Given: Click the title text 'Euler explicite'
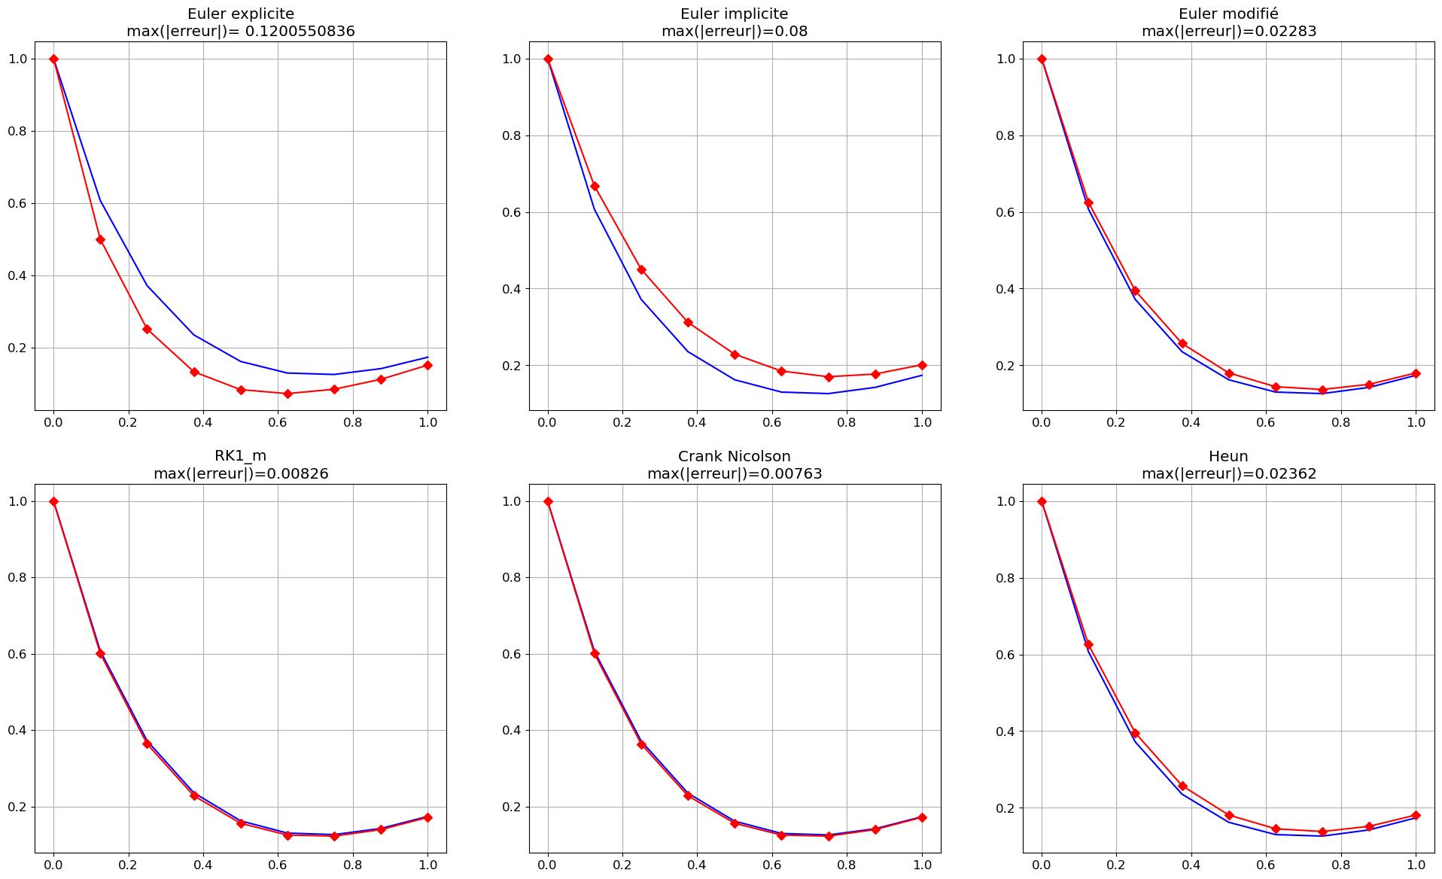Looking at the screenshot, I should pos(241,14).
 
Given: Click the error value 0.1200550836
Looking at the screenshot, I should pos(300,32).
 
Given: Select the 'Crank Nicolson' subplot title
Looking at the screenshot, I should pos(735,456).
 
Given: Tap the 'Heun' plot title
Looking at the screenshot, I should pos(1228,456).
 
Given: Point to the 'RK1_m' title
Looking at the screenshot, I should pos(241,456).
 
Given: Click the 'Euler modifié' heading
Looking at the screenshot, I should pos(1228,14).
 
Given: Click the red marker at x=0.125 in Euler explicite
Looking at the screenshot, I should pos(100,239).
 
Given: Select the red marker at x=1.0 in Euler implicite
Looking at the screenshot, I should pos(922,365).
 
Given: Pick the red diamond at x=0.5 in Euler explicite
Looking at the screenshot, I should pos(241,390).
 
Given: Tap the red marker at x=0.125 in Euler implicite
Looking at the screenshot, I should pos(595,186).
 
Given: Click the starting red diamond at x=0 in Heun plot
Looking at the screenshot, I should pos(1042,501).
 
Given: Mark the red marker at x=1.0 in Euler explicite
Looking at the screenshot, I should pos(427,365).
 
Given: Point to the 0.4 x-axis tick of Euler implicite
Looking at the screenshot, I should pos(697,423).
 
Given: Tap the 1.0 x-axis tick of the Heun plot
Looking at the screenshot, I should pos(1416,865).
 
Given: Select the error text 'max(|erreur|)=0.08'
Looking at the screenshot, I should pos(735,32).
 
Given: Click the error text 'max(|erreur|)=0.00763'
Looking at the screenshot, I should pos(735,474).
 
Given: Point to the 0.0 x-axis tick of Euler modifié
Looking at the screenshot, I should pos(1042,423).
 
